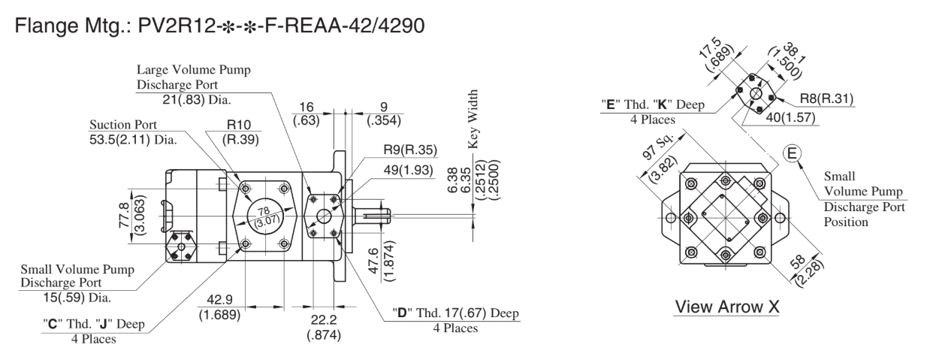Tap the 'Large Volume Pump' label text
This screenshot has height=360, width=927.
click(194, 72)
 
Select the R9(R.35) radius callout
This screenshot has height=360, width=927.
click(409, 148)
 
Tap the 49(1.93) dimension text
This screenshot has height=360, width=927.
click(410, 171)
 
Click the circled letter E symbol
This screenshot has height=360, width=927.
click(791, 153)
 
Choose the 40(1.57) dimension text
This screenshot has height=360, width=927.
click(789, 119)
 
